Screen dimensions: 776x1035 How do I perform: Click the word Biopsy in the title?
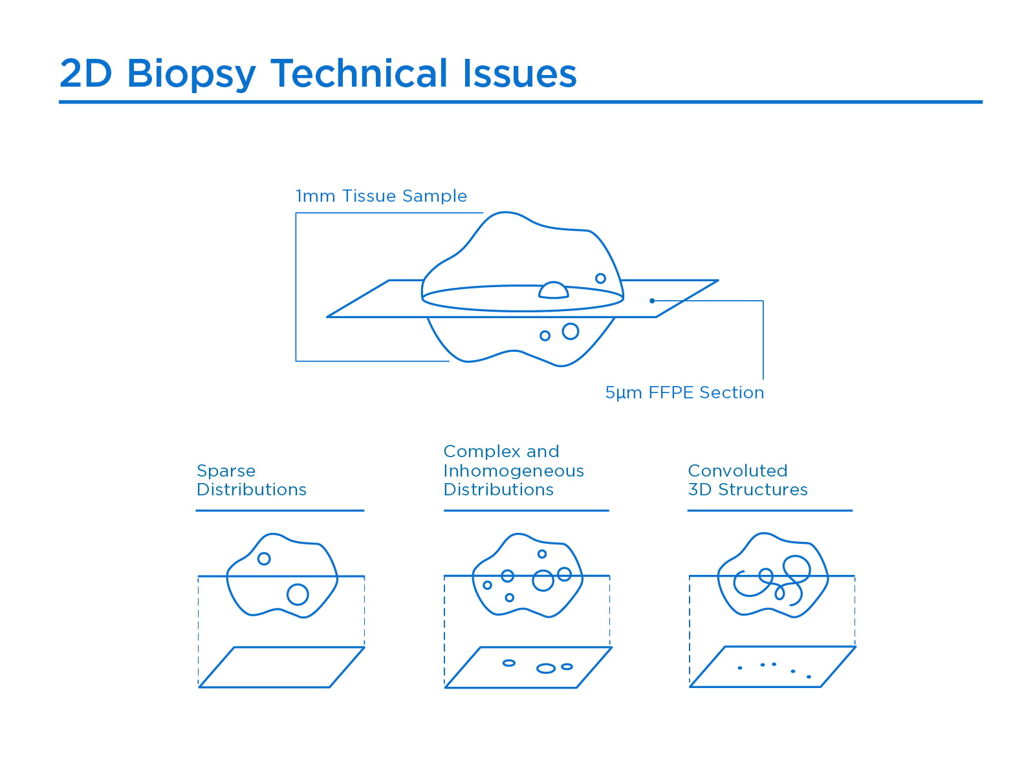tap(191, 74)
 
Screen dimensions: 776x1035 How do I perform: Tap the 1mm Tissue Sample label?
tap(381, 196)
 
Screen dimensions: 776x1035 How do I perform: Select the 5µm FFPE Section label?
tap(684, 393)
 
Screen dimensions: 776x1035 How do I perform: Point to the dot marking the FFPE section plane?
tap(652, 301)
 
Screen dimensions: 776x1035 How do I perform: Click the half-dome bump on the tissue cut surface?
tap(553, 291)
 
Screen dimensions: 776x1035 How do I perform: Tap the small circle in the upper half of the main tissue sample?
tap(600, 279)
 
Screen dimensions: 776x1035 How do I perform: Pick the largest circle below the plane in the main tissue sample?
tap(570, 332)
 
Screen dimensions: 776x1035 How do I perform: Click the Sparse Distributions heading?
tap(251, 480)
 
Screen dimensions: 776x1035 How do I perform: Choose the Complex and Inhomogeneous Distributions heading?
tap(514, 470)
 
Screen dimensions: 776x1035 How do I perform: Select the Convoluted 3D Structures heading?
tap(748, 480)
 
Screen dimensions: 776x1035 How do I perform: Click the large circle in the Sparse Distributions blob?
tap(298, 594)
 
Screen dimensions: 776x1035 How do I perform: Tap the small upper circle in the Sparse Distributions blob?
tap(264, 559)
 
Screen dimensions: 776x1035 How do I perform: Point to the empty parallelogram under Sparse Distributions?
tap(282, 667)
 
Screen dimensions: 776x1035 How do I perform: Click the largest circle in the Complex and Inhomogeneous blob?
tap(543, 581)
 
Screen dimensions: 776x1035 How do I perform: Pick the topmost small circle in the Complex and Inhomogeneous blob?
tap(542, 554)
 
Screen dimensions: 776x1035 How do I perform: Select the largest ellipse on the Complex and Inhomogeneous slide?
tap(546, 668)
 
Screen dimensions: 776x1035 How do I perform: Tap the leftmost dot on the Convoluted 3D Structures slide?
tap(740, 668)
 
